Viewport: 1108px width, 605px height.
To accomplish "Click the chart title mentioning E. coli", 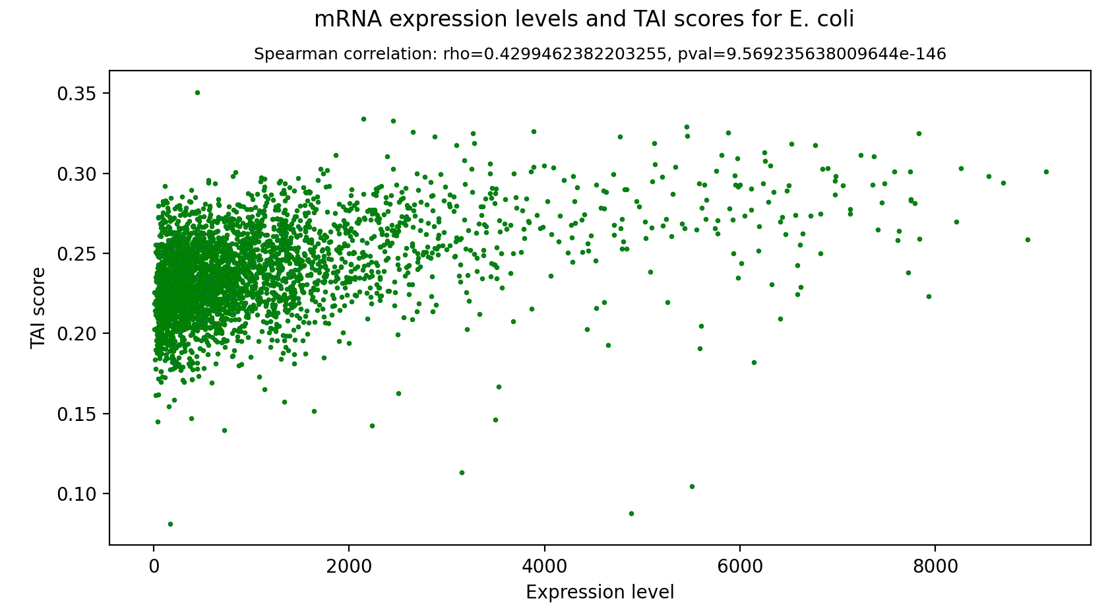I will click(x=584, y=20).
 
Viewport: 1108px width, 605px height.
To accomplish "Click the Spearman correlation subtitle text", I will click(x=600, y=54).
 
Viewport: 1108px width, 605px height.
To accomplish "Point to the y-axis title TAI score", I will click(x=39, y=307).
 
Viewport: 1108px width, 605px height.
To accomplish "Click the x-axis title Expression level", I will click(x=600, y=592).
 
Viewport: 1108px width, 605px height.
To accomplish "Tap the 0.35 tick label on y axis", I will click(x=77, y=94).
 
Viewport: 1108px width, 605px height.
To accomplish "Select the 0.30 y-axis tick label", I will click(x=77, y=174).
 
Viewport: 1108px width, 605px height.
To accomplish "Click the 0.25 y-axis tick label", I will click(x=77, y=254).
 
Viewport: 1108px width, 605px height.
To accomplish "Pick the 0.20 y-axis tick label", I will click(x=77, y=334).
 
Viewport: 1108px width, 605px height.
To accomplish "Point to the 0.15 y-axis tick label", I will click(x=77, y=414).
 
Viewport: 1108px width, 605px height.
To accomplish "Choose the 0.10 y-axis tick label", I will click(x=77, y=494).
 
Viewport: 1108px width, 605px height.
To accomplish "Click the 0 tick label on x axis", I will click(x=154, y=566).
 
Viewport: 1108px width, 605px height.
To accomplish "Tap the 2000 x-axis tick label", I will click(x=349, y=566).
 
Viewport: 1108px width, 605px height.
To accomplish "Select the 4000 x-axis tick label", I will click(x=544, y=566).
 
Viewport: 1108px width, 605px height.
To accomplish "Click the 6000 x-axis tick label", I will click(x=739, y=566).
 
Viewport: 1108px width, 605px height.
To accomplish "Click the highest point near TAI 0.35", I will click(x=197, y=92).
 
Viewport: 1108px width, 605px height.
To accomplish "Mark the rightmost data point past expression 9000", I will click(x=1046, y=172).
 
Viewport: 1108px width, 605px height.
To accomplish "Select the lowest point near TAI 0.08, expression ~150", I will click(x=170, y=524).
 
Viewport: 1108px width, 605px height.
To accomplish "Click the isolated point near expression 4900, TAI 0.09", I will click(x=631, y=513).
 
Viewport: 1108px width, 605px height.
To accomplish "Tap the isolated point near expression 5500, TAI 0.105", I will click(x=692, y=486).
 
